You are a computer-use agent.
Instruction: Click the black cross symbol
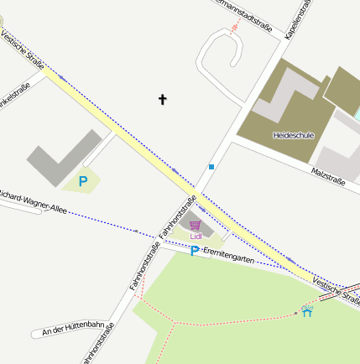163,100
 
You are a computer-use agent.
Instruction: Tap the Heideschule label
293,134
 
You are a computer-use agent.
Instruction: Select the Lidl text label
196,237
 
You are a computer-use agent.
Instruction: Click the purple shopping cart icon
196,226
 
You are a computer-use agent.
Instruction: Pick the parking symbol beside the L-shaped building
82,180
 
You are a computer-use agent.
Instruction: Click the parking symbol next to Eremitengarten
195,252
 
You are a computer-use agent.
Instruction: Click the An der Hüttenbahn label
72,328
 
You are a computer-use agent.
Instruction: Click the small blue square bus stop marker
211,167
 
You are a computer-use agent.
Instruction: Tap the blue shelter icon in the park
307,312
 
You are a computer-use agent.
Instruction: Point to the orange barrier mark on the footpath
235,27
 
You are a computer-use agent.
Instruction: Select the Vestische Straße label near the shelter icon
335,290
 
